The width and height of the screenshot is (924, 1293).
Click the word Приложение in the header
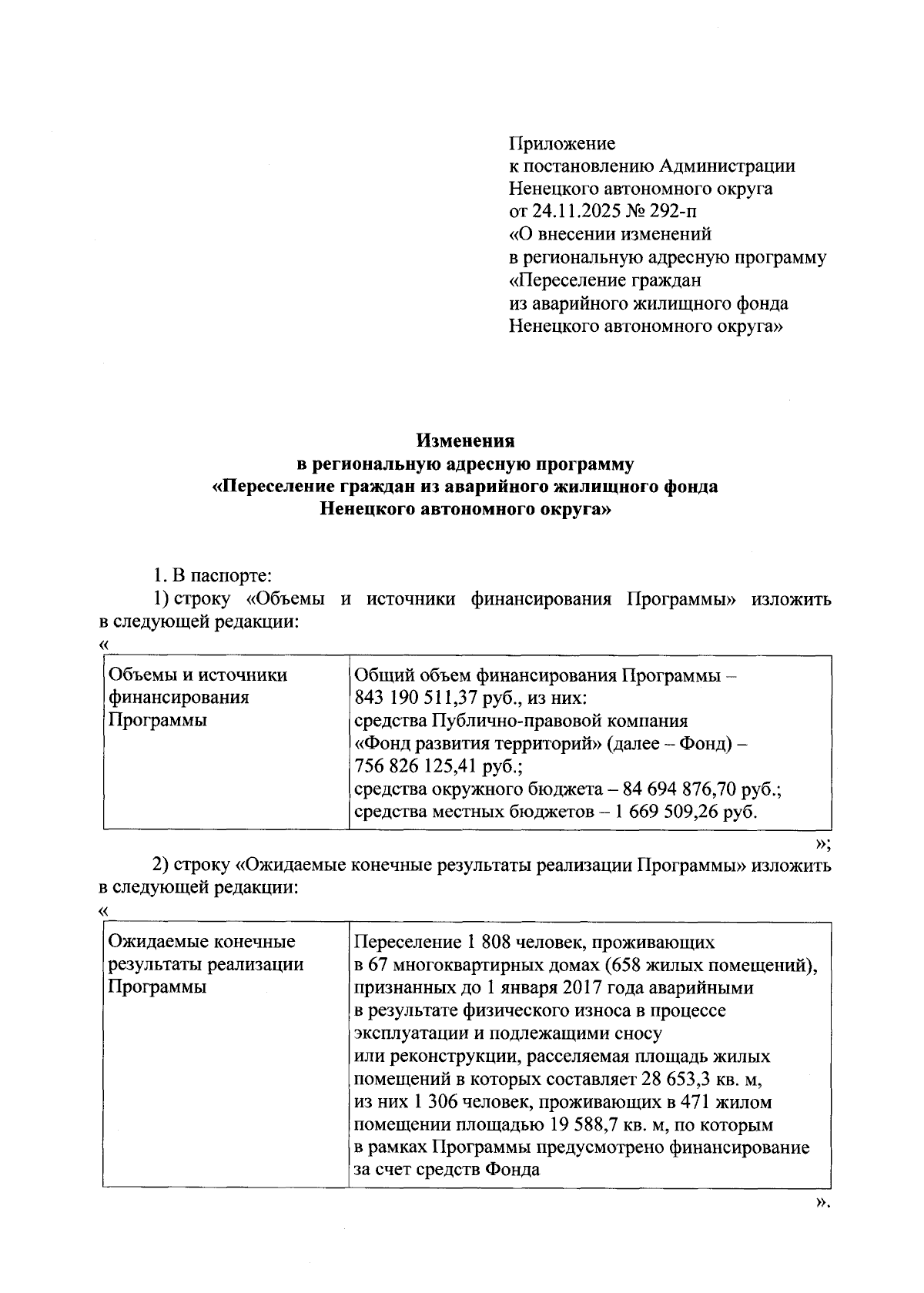click(562, 143)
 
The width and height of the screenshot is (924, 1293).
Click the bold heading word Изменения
click(465, 441)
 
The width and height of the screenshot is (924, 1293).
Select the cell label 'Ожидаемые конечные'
click(202, 942)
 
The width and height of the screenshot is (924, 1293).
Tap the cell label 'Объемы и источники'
click(198, 675)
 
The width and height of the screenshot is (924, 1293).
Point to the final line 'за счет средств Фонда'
click(447, 1170)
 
